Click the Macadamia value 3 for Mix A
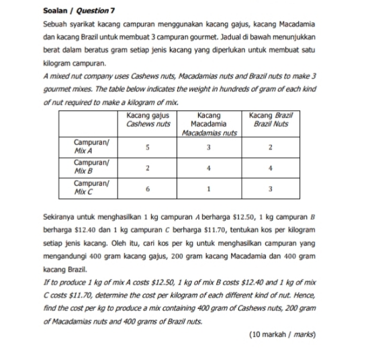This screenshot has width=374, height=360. (211, 148)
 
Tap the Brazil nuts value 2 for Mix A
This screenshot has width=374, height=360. (269, 148)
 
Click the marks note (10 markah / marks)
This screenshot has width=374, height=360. (283, 334)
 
